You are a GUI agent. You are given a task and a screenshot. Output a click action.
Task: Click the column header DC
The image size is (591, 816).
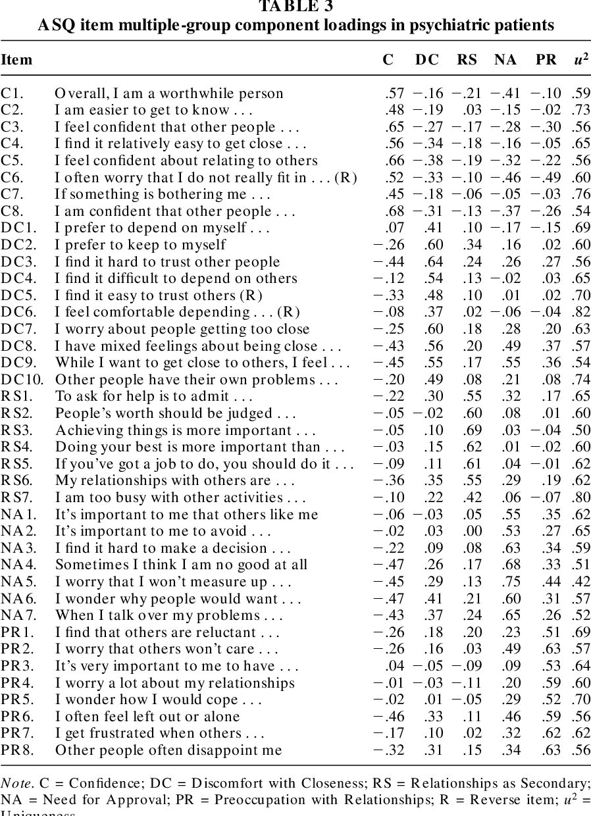pyautogui.click(x=426, y=60)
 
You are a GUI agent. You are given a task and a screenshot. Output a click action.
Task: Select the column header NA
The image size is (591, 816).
pyautogui.click(x=505, y=60)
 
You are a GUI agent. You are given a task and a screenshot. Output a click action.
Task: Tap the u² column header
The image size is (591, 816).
pyautogui.click(x=580, y=59)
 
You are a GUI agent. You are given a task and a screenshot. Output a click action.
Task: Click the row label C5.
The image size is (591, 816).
pyautogui.click(x=11, y=161)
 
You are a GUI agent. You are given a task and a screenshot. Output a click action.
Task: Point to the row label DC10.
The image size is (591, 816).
pyautogui.click(x=16, y=380)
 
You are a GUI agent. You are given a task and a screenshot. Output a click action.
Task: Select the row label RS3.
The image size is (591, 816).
pyautogui.click(x=13, y=430)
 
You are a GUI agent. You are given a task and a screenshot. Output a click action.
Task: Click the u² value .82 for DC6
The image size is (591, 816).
pyautogui.click(x=580, y=312)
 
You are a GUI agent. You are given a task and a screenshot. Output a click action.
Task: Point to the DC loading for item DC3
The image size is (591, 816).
pyautogui.click(x=433, y=262)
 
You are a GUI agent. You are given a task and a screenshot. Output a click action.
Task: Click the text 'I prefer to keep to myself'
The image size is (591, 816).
pyautogui.click(x=140, y=245)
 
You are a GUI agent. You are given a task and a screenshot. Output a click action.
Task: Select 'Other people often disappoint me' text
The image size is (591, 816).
pyautogui.click(x=168, y=750)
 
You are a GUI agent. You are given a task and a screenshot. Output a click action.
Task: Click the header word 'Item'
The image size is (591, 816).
pyautogui.click(x=16, y=60)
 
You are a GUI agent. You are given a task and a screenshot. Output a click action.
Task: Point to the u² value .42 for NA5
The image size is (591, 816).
pyautogui.click(x=580, y=582)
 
